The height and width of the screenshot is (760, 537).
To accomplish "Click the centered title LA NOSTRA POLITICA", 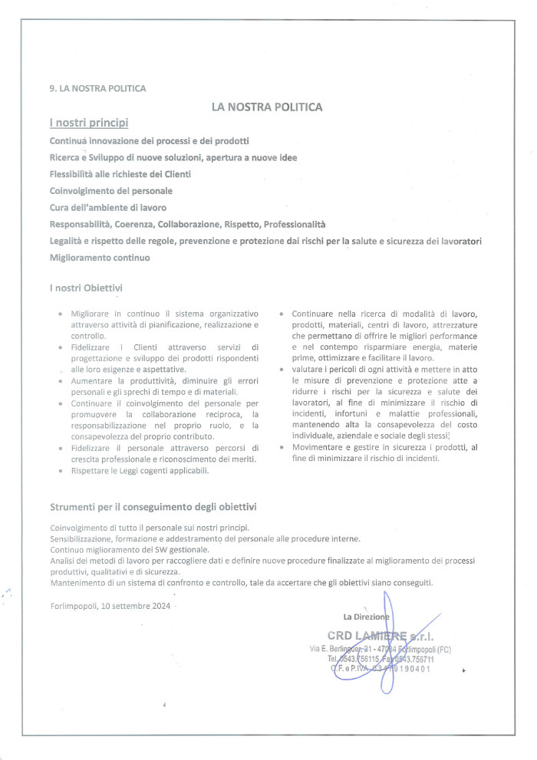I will tap(266, 107).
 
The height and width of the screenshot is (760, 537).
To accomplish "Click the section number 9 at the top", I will tap(52, 88).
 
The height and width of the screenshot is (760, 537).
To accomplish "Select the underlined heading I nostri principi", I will tap(88, 123).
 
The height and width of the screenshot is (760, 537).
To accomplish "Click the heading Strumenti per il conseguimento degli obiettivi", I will tap(153, 507).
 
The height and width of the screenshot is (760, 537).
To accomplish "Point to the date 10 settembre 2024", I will tap(139, 605).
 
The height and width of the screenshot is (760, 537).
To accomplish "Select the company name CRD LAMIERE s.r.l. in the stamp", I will tap(380, 635).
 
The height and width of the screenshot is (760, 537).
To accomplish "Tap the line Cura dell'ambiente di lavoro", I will tap(107, 207).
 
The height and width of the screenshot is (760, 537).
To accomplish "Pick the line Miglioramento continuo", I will tap(100, 258).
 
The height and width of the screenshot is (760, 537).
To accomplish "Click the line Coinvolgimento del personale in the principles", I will tap(110, 190).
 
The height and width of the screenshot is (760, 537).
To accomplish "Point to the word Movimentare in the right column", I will tap(317, 447).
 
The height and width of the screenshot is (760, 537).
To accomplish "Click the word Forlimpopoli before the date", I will tap(74, 605).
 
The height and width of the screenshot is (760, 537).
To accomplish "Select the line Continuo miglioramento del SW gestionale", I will tap(130, 550).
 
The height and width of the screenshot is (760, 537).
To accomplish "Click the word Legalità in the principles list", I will tap(68, 241).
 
